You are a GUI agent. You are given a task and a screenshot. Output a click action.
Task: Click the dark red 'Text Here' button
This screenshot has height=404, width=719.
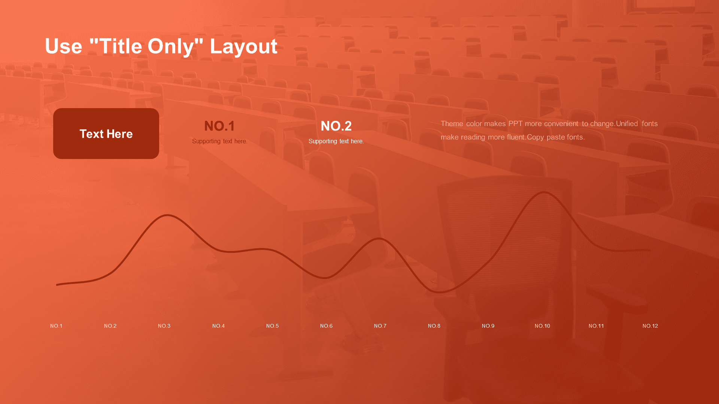pyautogui.click(x=106, y=134)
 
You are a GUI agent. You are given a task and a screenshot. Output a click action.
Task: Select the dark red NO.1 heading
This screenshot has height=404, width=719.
pyautogui.click(x=219, y=126)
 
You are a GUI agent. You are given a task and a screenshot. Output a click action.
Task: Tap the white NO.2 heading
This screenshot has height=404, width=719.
pyautogui.click(x=336, y=126)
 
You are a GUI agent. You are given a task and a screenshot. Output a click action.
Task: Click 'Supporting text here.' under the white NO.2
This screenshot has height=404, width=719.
pyautogui.click(x=336, y=141)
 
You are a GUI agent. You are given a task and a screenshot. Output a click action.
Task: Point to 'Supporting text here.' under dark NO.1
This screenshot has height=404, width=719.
pyautogui.click(x=219, y=141)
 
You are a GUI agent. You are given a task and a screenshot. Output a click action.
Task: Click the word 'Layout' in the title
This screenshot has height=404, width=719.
pyautogui.click(x=243, y=46)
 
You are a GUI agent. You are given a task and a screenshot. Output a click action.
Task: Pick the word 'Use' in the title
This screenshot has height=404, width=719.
pyautogui.click(x=63, y=46)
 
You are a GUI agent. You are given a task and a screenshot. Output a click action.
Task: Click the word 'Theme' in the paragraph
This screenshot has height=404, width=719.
pyautogui.click(x=452, y=123)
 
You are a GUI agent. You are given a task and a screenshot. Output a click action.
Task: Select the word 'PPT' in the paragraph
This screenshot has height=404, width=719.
pyautogui.click(x=515, y=123)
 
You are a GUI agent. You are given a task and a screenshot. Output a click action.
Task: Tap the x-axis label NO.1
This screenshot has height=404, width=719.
pyautogui.click(x=56, y=326)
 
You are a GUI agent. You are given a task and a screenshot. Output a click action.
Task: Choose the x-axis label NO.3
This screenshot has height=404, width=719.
pyautogui.click(x=164, y=326)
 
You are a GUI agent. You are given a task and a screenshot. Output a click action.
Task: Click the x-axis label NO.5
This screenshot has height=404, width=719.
pyautogui.click(x=272, y=326)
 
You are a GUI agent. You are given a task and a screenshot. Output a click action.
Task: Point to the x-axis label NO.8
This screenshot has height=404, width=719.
pyautogui.click(x=434, y=326)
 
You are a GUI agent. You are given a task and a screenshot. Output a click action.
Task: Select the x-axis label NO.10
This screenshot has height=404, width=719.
pyautogui.click(x=542, y=326)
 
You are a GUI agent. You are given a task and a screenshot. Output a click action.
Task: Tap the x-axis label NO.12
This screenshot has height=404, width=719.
pyautogui.click(x=650, y=326)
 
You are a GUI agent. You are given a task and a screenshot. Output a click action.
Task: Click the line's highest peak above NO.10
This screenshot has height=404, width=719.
pyautogui.click(x=544, y=192)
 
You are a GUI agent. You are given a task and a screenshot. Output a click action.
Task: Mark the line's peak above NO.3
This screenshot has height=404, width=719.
pyautogui.click(x=167, y=215)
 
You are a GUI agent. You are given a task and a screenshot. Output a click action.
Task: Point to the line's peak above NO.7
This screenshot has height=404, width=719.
pyautogui.click(x=379, y=238)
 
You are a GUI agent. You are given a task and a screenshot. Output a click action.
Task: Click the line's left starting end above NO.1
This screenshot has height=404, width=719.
pyautogui.click(x=57, y=285)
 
